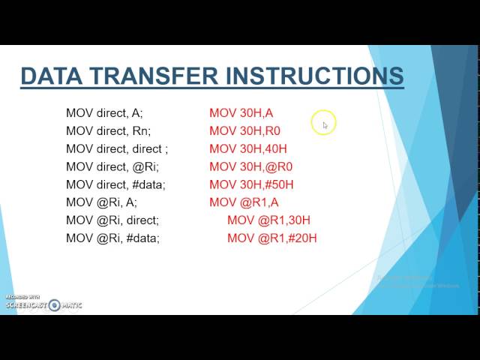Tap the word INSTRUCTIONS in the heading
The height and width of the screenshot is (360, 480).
click(314, 76)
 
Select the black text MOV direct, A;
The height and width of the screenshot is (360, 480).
click(104, 113)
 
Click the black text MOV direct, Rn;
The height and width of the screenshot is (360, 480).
click(106, 131)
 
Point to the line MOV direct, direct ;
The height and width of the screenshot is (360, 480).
click(117, 149)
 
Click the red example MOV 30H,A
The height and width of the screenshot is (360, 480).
click(241, 113)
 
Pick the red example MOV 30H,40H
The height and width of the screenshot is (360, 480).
click(248, 149)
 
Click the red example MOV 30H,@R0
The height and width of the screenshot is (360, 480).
click(250, 166)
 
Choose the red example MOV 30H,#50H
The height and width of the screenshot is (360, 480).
click(251, 184)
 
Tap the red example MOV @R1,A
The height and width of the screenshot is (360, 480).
click(244, 202)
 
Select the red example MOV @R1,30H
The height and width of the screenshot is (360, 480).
click(268, 220)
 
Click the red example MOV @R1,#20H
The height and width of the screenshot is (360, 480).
click(272, 238)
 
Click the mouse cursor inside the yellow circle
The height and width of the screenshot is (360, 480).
click(325, 124)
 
